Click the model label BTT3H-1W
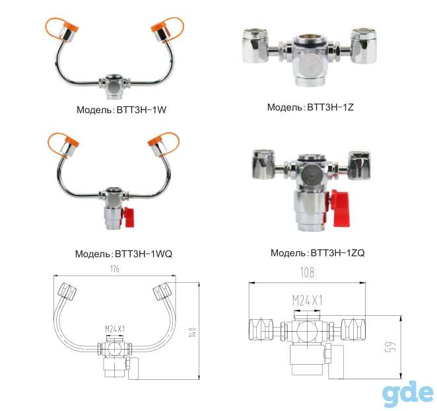point(141,110)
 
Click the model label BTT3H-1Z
point(330,107)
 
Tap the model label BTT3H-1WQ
point(143,254)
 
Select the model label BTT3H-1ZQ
point(337,253)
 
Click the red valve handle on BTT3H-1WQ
point(129,217)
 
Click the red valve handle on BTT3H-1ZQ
point(341,208)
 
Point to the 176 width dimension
point(115,269)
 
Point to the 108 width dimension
point(307,272)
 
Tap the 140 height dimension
point(193,332)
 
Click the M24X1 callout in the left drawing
point(115,329)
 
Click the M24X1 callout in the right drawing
point(307,301)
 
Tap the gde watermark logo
point(407,394)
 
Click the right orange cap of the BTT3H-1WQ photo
point(164,143)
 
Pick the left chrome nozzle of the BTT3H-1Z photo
point(255,46)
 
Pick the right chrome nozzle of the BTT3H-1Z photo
point(364,46)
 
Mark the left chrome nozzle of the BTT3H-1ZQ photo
point(263,164)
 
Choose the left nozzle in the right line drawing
point(261,330)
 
